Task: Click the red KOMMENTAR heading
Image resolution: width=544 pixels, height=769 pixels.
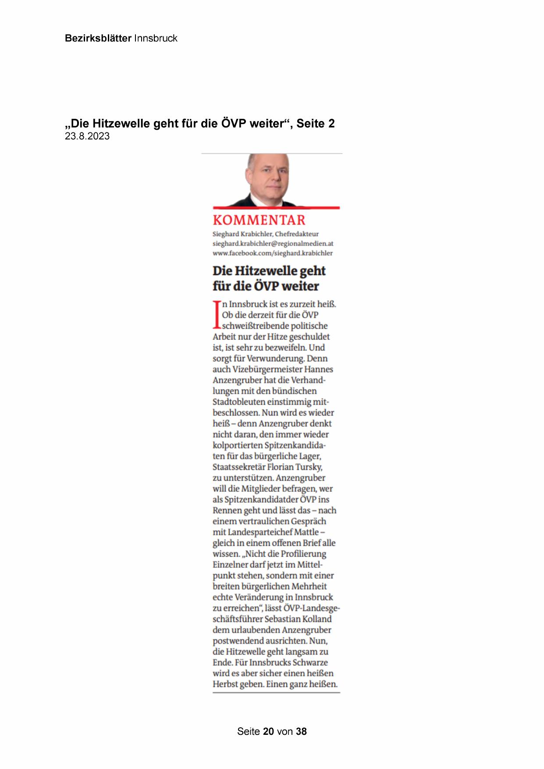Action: [x=259, y=220]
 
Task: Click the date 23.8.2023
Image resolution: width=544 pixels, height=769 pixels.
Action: [x=87, y=136]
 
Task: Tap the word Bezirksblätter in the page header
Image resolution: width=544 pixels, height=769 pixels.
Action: [x=98, y=38]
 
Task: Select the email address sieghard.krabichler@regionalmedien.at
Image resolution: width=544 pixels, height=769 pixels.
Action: [x=273, y=243]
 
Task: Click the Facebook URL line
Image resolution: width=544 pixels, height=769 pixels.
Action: [x=272, y=253]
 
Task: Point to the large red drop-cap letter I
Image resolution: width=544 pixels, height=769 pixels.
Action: [x=216, y=314]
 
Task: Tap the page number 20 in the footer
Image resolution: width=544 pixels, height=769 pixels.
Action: [x=268, y=731]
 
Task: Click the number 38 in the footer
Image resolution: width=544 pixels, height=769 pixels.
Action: [x=301, y=731]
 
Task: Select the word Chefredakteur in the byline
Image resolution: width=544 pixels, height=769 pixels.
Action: [x=297, y=234]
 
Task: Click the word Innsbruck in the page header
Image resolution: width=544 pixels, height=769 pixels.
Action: [x=156, y=38]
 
